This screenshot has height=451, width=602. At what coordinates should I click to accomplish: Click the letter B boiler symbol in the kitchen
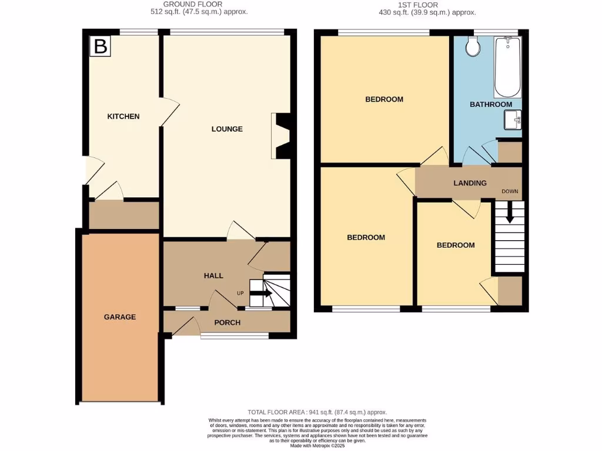tap(101, 46)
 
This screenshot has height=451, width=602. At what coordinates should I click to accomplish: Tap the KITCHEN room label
tap(123, 116)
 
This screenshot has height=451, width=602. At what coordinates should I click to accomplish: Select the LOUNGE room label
tap(227, 129)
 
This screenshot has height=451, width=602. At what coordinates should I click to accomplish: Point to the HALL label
tap(213, 275)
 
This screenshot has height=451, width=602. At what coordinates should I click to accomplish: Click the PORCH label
tap(228, 322)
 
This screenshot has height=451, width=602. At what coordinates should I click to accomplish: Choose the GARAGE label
tap(120, 317)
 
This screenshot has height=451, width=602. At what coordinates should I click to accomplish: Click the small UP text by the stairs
tap(240, 293)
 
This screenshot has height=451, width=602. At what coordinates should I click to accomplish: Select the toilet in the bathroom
tap(472, 47)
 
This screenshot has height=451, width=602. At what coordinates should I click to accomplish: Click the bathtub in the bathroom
tap(507, 68)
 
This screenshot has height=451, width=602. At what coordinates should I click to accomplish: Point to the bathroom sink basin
tap(513, 120)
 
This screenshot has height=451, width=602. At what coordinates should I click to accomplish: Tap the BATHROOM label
tap(490, 105)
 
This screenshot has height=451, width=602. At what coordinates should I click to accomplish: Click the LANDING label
tap(470, 183)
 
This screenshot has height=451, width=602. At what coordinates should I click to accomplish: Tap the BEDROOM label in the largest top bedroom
tap(384, 99)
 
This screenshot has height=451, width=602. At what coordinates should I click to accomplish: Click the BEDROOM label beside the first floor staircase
tap(455, 245)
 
